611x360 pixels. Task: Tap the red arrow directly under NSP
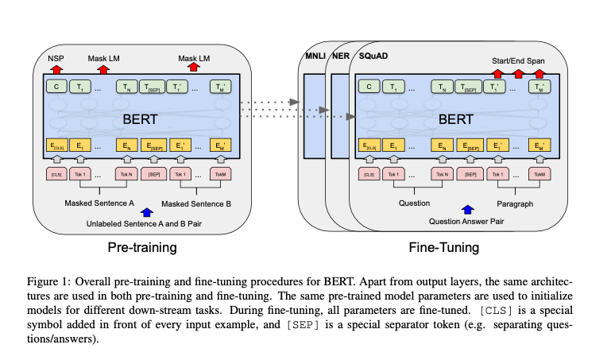[x=56, y=68]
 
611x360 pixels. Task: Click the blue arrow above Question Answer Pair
[x=467, y=209]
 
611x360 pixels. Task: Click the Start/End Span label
[x=520, y=60]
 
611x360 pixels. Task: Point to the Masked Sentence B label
[x=196, y=204]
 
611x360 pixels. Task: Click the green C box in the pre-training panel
[x=56, y=87]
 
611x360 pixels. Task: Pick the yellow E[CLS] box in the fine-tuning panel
[x=368, y=145]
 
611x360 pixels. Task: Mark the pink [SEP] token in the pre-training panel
[x=154, y=174]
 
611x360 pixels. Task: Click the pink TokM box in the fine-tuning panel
[x=539, y=174]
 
